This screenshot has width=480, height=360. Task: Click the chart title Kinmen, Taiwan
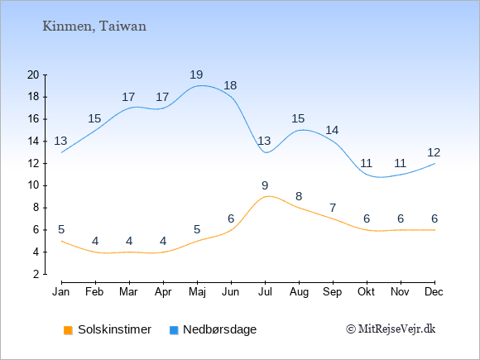(x=94, y=26)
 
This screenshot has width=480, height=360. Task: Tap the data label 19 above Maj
(x=196, y=74)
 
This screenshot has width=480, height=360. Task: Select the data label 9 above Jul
(x=265, y=185)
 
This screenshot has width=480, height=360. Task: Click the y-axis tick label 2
(x=36, y=274)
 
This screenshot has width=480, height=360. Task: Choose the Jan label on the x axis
(x=61, y=292)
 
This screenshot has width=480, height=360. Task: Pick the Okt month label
(x=366, y=292)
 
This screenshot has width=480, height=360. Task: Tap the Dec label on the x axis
(x=434, y=292)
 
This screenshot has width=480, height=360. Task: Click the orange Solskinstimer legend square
(x=68, y=330)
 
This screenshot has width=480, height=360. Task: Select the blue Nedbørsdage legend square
(x=174, y=330)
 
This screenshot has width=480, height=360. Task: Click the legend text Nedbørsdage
(x=220, y=329)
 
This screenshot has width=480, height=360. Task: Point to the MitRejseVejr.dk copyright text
(x=391, y=329)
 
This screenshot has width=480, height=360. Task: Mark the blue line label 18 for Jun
(x=230, y=85)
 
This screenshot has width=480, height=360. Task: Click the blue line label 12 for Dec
(x=434, y=152)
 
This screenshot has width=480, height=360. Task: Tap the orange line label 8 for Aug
(x=299, y=196)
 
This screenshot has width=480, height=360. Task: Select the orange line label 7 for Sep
(x=333, y=209)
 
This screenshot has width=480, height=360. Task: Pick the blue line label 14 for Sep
(x=332, y=131)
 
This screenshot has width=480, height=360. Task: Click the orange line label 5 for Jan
(x=61, y=229)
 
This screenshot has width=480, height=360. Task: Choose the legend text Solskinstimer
(x=114, y=329)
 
